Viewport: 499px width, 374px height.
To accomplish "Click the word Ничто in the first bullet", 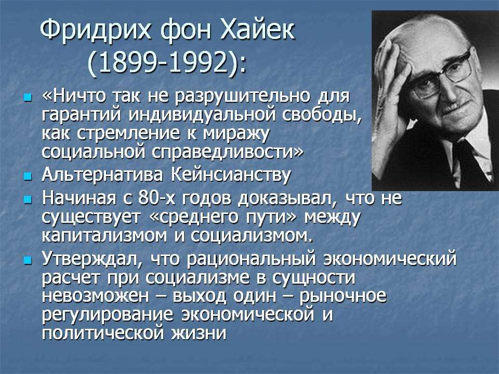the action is (77, 96).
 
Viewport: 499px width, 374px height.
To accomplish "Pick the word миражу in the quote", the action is (237, 134).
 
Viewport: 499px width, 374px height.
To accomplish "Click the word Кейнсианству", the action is (231, 175).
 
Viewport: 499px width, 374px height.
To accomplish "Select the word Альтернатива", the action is (102, 175).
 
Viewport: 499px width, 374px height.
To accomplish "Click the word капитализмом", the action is (104, 236).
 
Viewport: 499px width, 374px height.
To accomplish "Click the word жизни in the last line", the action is (199, 333).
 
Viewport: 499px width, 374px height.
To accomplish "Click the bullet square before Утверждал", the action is (28, 261).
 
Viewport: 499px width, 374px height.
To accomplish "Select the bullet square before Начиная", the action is (28, 199).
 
